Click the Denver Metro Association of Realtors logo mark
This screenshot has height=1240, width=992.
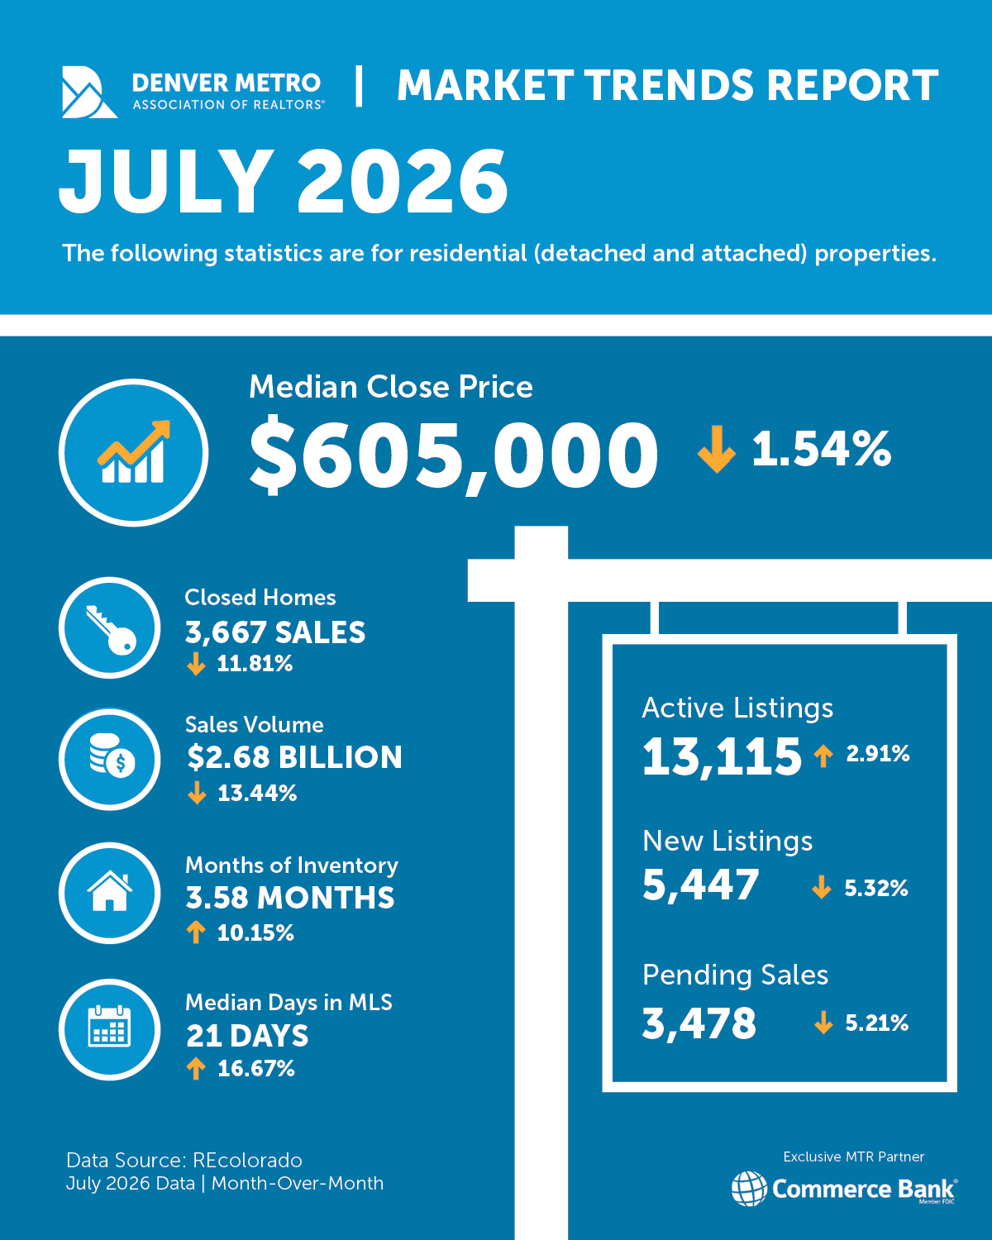point(88,93)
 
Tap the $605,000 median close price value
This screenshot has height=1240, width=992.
point(454,455)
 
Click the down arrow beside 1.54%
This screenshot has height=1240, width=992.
point(717,450)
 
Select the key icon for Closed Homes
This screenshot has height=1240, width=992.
point(111,629)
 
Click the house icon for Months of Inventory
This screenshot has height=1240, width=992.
point(109,891)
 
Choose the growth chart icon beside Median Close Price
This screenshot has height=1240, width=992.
point(134,451)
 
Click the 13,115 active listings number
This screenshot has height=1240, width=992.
point(722,756)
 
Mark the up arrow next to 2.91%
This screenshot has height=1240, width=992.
point(823,756)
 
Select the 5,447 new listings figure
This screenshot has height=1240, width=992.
point(700,885)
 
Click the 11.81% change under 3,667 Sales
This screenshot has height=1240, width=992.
point(255,664)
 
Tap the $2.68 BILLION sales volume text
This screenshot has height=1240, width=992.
point(294,757)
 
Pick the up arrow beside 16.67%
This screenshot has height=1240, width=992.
point(196,1068)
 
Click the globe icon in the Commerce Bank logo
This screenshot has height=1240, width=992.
point(749,1188)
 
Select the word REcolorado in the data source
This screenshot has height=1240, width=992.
point(247,1160)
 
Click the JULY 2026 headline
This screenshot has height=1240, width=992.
point(284,181)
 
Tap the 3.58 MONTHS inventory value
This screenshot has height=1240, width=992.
point(290,898)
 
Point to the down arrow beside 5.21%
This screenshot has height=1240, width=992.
point(823,1023)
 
